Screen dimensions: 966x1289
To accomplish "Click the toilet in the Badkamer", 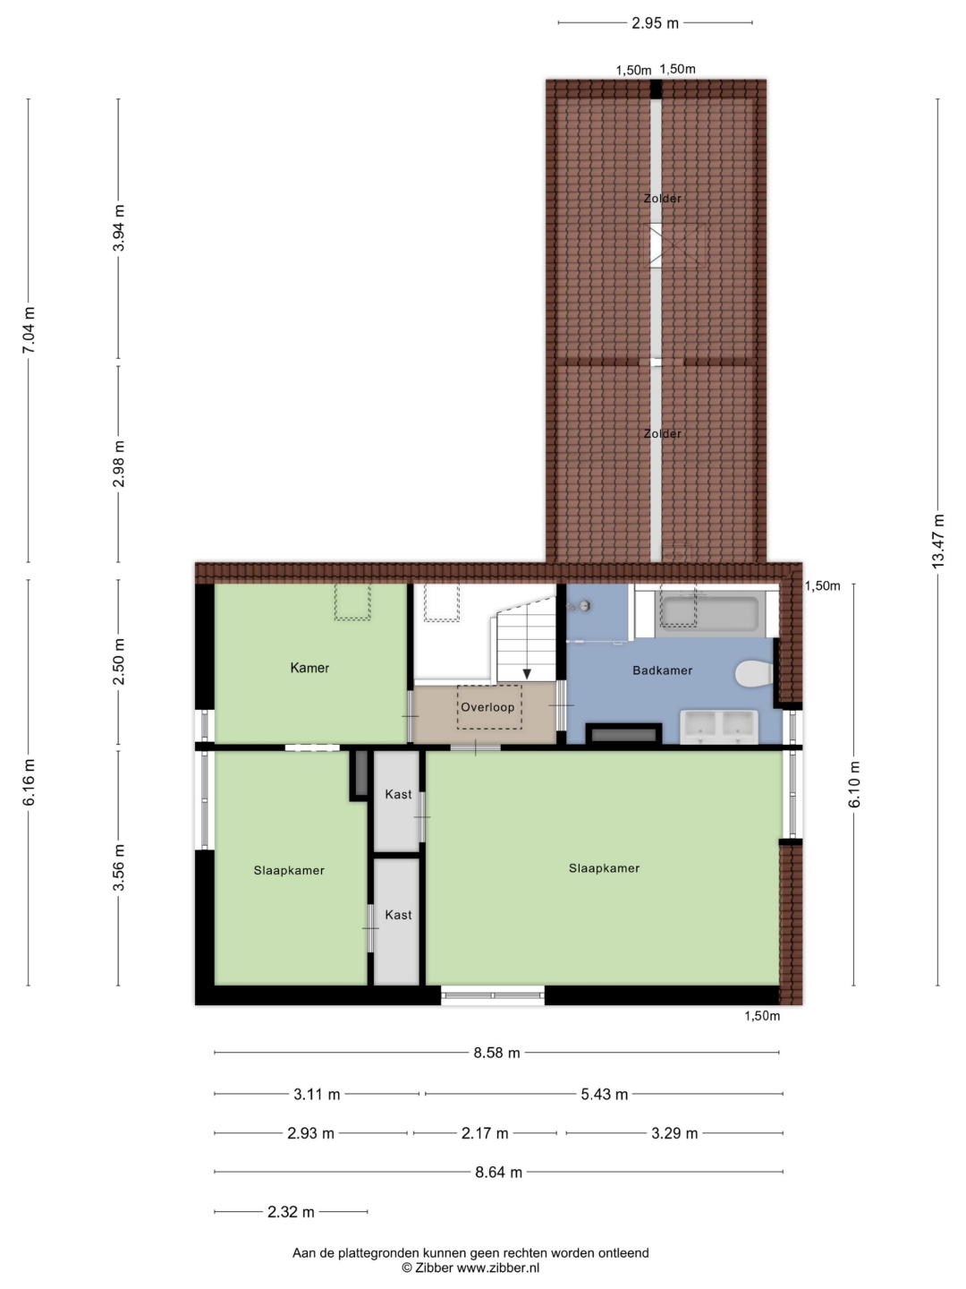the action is [x=754, y=673].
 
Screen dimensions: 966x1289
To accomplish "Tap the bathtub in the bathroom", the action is [x=708, y=614].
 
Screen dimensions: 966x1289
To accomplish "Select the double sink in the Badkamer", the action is [x=718, y=727].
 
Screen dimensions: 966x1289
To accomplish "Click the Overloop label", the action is [x=487, y=707].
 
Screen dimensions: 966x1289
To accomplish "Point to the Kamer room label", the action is [x=309, y=668].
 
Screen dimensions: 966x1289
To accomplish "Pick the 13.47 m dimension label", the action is [x=938, y=541].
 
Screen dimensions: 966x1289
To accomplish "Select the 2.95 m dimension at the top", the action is [x=655, y=23].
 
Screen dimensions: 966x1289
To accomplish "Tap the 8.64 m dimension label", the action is [x=498, y=1172].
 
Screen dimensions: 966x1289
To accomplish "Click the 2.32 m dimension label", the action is [x=291, y=1211].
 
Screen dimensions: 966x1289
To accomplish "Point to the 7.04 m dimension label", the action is [x=29, y=330].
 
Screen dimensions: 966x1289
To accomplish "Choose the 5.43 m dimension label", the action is [x=604, y=1094].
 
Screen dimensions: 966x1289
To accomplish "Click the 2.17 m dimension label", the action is [x=485, y=1132].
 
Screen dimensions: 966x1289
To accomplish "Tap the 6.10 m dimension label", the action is [x=854, y=784].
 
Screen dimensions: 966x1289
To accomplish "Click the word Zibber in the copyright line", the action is [x=434, y=1268].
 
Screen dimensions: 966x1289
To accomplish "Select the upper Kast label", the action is [x=398, y=794].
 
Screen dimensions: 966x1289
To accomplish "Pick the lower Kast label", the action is [x=398, y=914].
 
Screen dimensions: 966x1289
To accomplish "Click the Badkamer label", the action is [x=662, y=670].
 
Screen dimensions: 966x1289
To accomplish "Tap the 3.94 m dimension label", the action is [x=119, y=227].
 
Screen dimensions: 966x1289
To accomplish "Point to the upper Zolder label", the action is [x=663, y=199].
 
